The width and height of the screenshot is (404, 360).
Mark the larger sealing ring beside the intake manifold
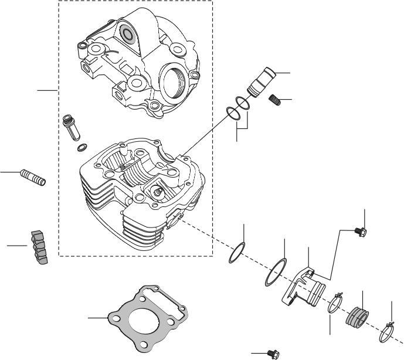274,271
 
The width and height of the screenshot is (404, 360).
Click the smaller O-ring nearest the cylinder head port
236,254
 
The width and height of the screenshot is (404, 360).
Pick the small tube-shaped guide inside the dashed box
69,126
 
